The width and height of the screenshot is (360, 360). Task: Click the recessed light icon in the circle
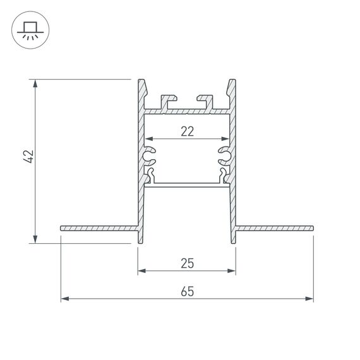click(29, 30)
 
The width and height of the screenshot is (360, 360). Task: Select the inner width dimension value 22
click(186, 131)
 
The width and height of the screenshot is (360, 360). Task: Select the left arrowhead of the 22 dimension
click(149, 139)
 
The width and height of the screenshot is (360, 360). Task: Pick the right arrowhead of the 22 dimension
click(224, 139)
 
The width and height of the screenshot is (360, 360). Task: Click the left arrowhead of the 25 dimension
click(141, 271)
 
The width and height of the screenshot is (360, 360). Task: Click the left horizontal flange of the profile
click(98, 227)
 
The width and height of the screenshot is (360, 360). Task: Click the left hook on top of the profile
click(168, 100)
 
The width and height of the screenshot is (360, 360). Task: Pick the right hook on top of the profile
click(205, 100)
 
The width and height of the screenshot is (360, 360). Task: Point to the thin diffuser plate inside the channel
click(186, 184)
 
